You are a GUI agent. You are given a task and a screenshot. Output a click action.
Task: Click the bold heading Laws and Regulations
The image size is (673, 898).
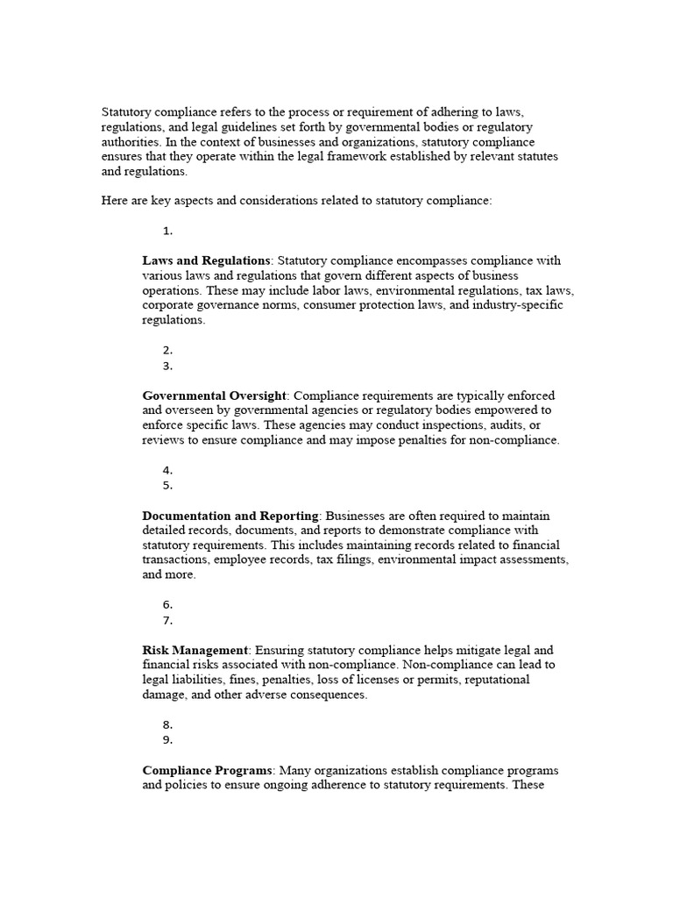(206, 260)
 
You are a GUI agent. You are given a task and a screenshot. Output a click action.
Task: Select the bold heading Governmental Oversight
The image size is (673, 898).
(213, 396)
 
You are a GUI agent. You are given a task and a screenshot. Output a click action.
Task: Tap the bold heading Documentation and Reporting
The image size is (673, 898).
(230, 516)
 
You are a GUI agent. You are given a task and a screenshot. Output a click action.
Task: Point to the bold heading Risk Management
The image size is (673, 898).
(195, 650)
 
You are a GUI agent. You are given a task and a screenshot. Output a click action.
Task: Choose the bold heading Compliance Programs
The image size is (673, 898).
(209, 770)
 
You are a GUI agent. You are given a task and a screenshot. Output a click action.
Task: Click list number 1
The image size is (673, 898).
(167, 231)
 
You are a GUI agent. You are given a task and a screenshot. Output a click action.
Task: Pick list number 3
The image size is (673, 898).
(167, 366)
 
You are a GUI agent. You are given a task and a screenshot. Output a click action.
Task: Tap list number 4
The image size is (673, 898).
(167, 470)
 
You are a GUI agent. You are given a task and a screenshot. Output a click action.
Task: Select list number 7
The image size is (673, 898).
(167, 620)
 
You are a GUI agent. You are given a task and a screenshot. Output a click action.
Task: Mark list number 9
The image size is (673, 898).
(167, 739)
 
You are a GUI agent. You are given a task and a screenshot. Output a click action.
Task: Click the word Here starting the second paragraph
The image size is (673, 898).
(115, 201)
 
